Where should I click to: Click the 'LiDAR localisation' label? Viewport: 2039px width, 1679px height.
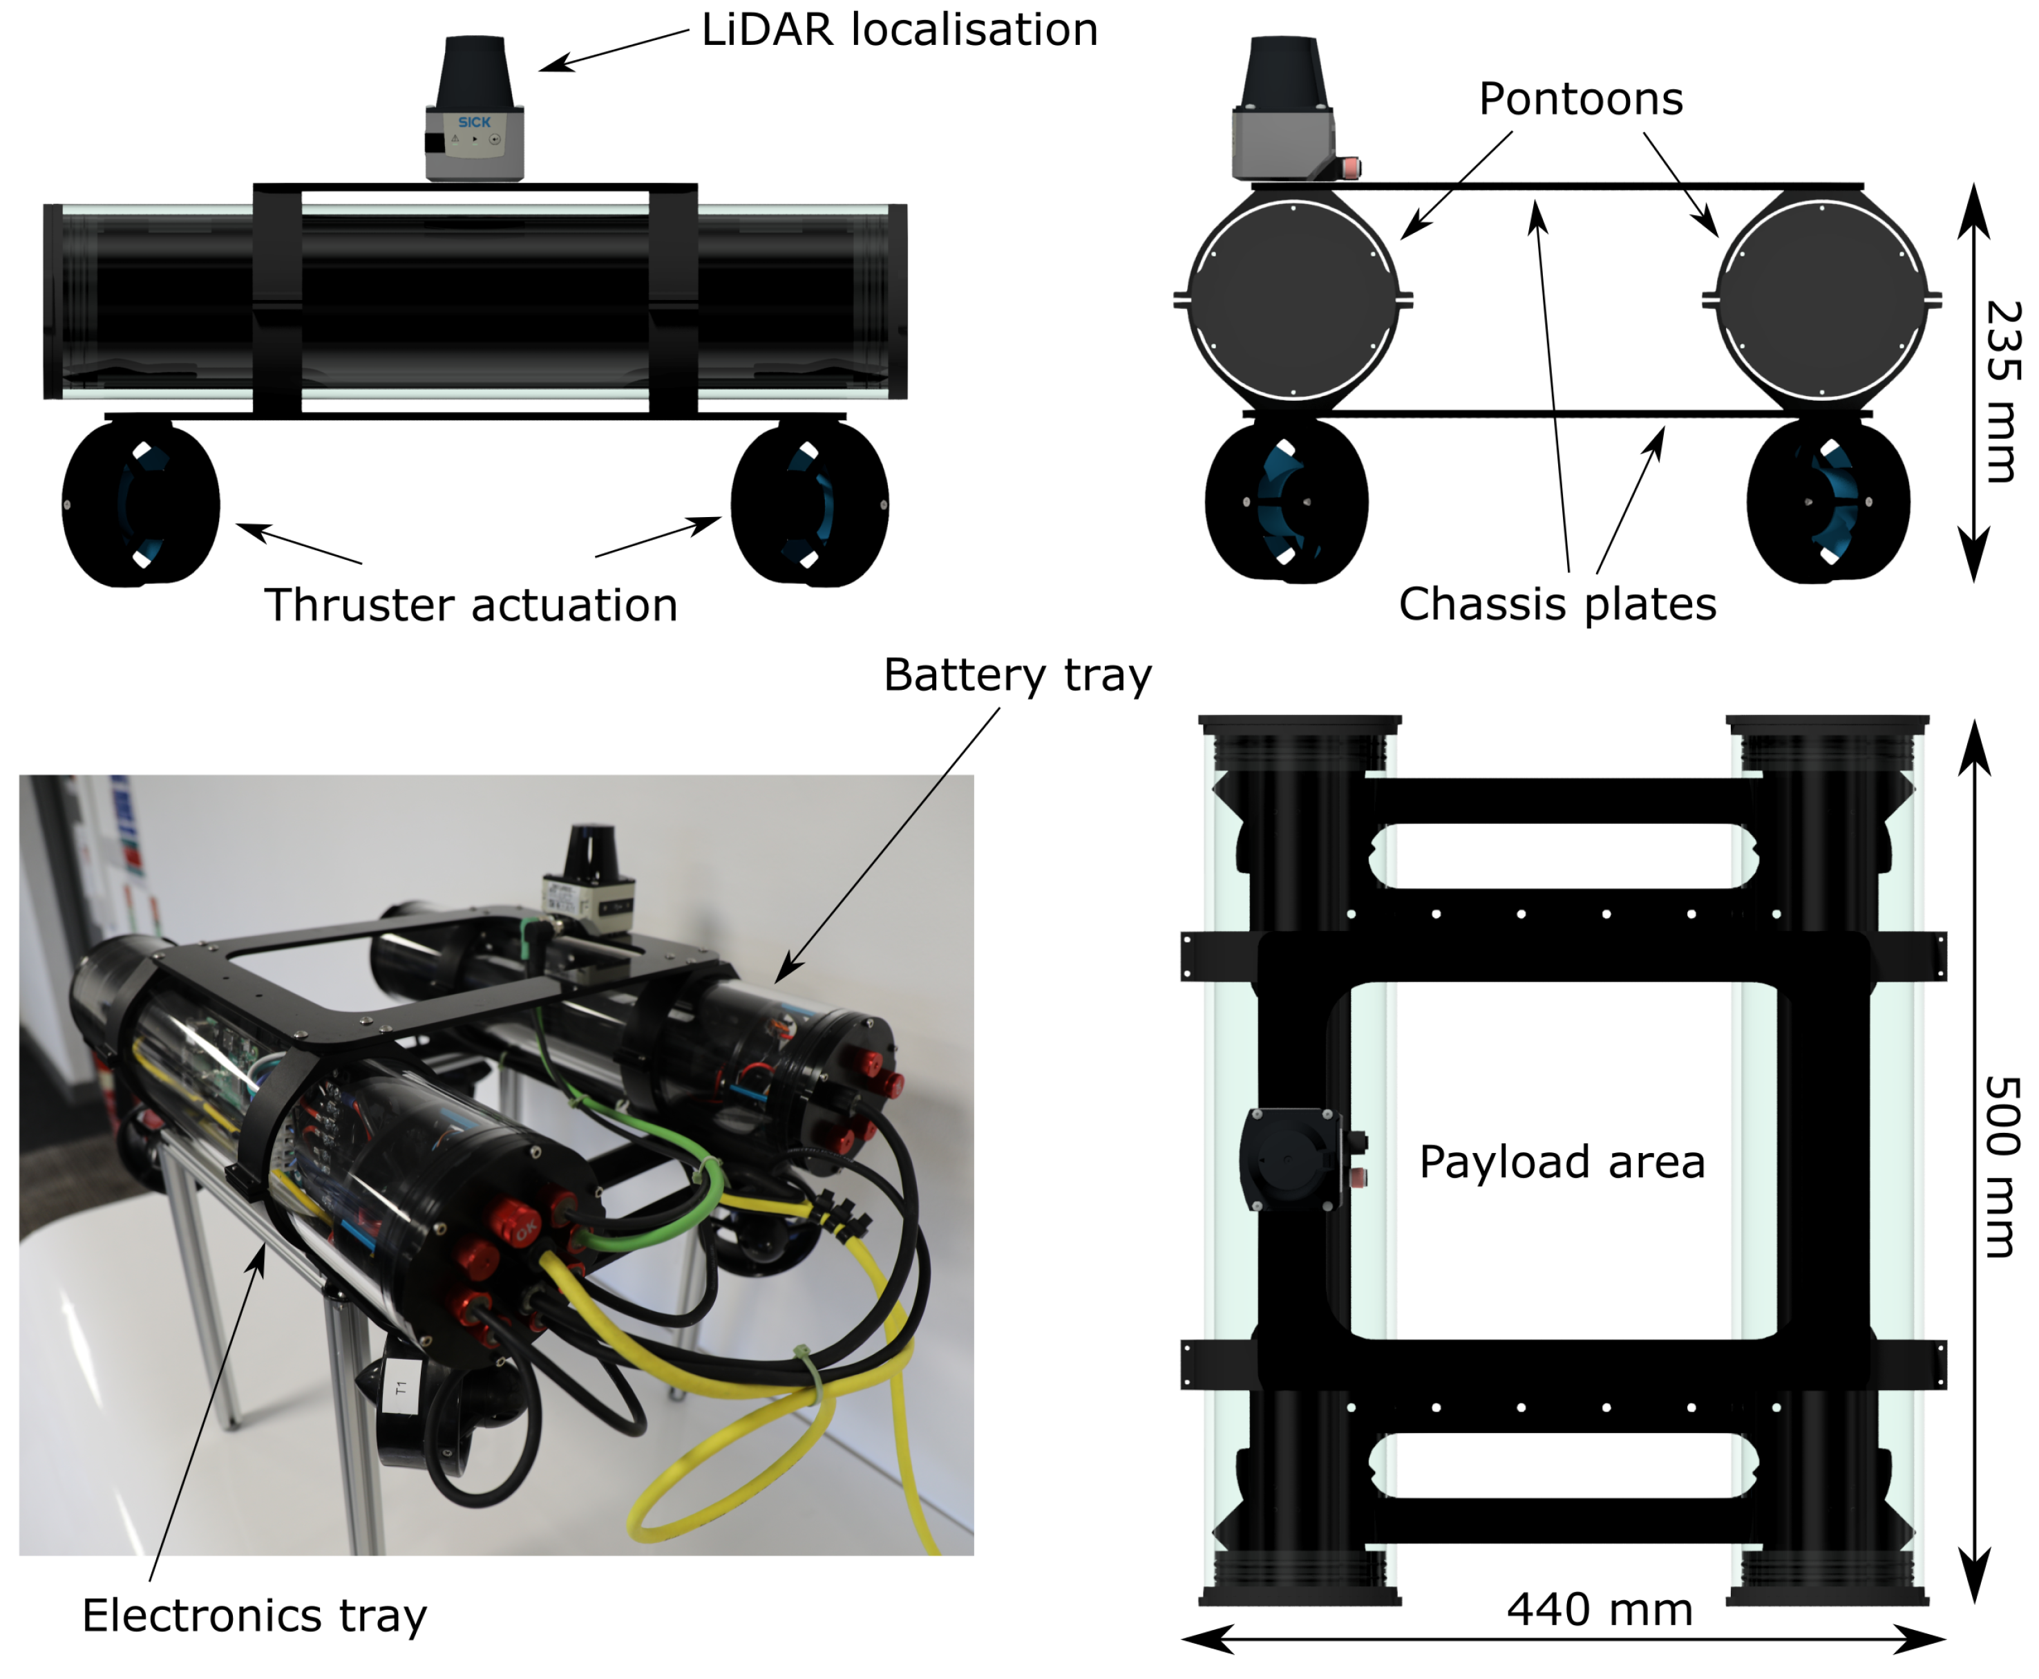(898, 30)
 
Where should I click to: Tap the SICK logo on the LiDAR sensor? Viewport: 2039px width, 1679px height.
(474, 122)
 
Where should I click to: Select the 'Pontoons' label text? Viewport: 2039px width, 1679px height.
(1580, 99)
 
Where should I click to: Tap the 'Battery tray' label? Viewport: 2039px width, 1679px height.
(1016, 674)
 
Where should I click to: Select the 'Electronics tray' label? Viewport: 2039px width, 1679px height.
(254, 1615)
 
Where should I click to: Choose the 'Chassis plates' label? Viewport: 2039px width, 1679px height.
(1557, 604)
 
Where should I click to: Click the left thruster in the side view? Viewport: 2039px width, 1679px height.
(140, 504)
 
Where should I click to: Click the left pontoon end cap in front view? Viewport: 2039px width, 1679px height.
(1293, 300)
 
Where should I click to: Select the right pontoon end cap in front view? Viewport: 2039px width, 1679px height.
(1821, 300)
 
